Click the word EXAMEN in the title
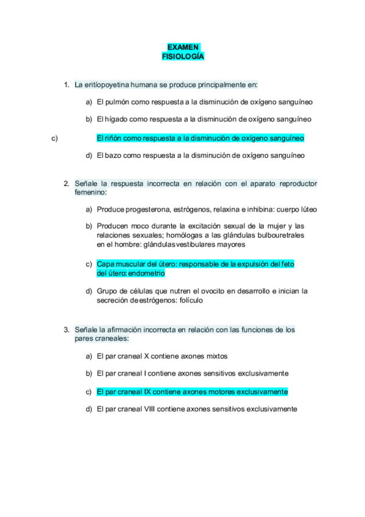[x=183, y=47]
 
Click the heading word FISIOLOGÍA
[x=183, y=56]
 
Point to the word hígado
[x=117, y=119]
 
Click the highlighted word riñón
[x=115, y=138]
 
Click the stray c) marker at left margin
[x=54, y=138]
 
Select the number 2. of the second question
[x=66, y=184]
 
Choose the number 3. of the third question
[x=66, y=330]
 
